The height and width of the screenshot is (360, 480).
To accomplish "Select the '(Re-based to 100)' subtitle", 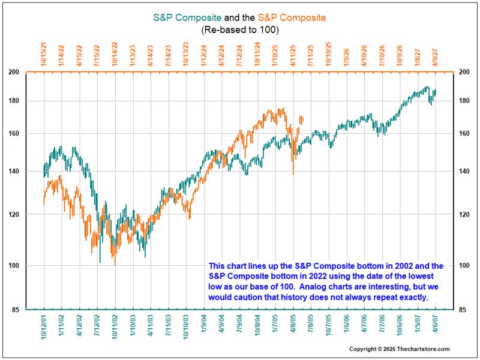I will [240, 29].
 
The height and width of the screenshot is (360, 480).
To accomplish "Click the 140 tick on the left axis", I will [30, 172].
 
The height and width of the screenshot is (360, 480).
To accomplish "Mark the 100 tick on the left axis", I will [30, 265].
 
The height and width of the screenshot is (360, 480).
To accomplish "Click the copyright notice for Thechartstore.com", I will [400, 349].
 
